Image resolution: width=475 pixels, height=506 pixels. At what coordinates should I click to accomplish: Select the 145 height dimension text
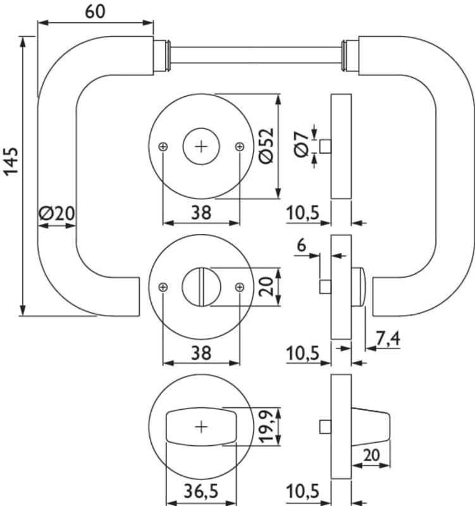tap(11, 163)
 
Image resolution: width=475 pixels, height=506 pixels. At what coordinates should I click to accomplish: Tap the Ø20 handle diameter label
tap(57, 213)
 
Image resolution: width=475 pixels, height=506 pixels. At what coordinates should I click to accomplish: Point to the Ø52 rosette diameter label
tap(266, 147)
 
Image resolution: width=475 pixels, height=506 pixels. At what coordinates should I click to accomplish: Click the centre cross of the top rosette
tap(201, 147)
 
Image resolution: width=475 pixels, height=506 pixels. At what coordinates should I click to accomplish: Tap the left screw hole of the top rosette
tap(164, 147)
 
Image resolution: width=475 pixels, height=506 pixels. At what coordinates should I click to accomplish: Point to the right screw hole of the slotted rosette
tap(239, 287)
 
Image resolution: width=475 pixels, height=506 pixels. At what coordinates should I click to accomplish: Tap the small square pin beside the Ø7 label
tap(326, 146)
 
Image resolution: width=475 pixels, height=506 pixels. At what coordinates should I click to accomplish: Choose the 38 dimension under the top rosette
tap(201, 213)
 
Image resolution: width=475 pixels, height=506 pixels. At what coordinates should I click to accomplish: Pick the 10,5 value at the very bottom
tap(302, 491)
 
